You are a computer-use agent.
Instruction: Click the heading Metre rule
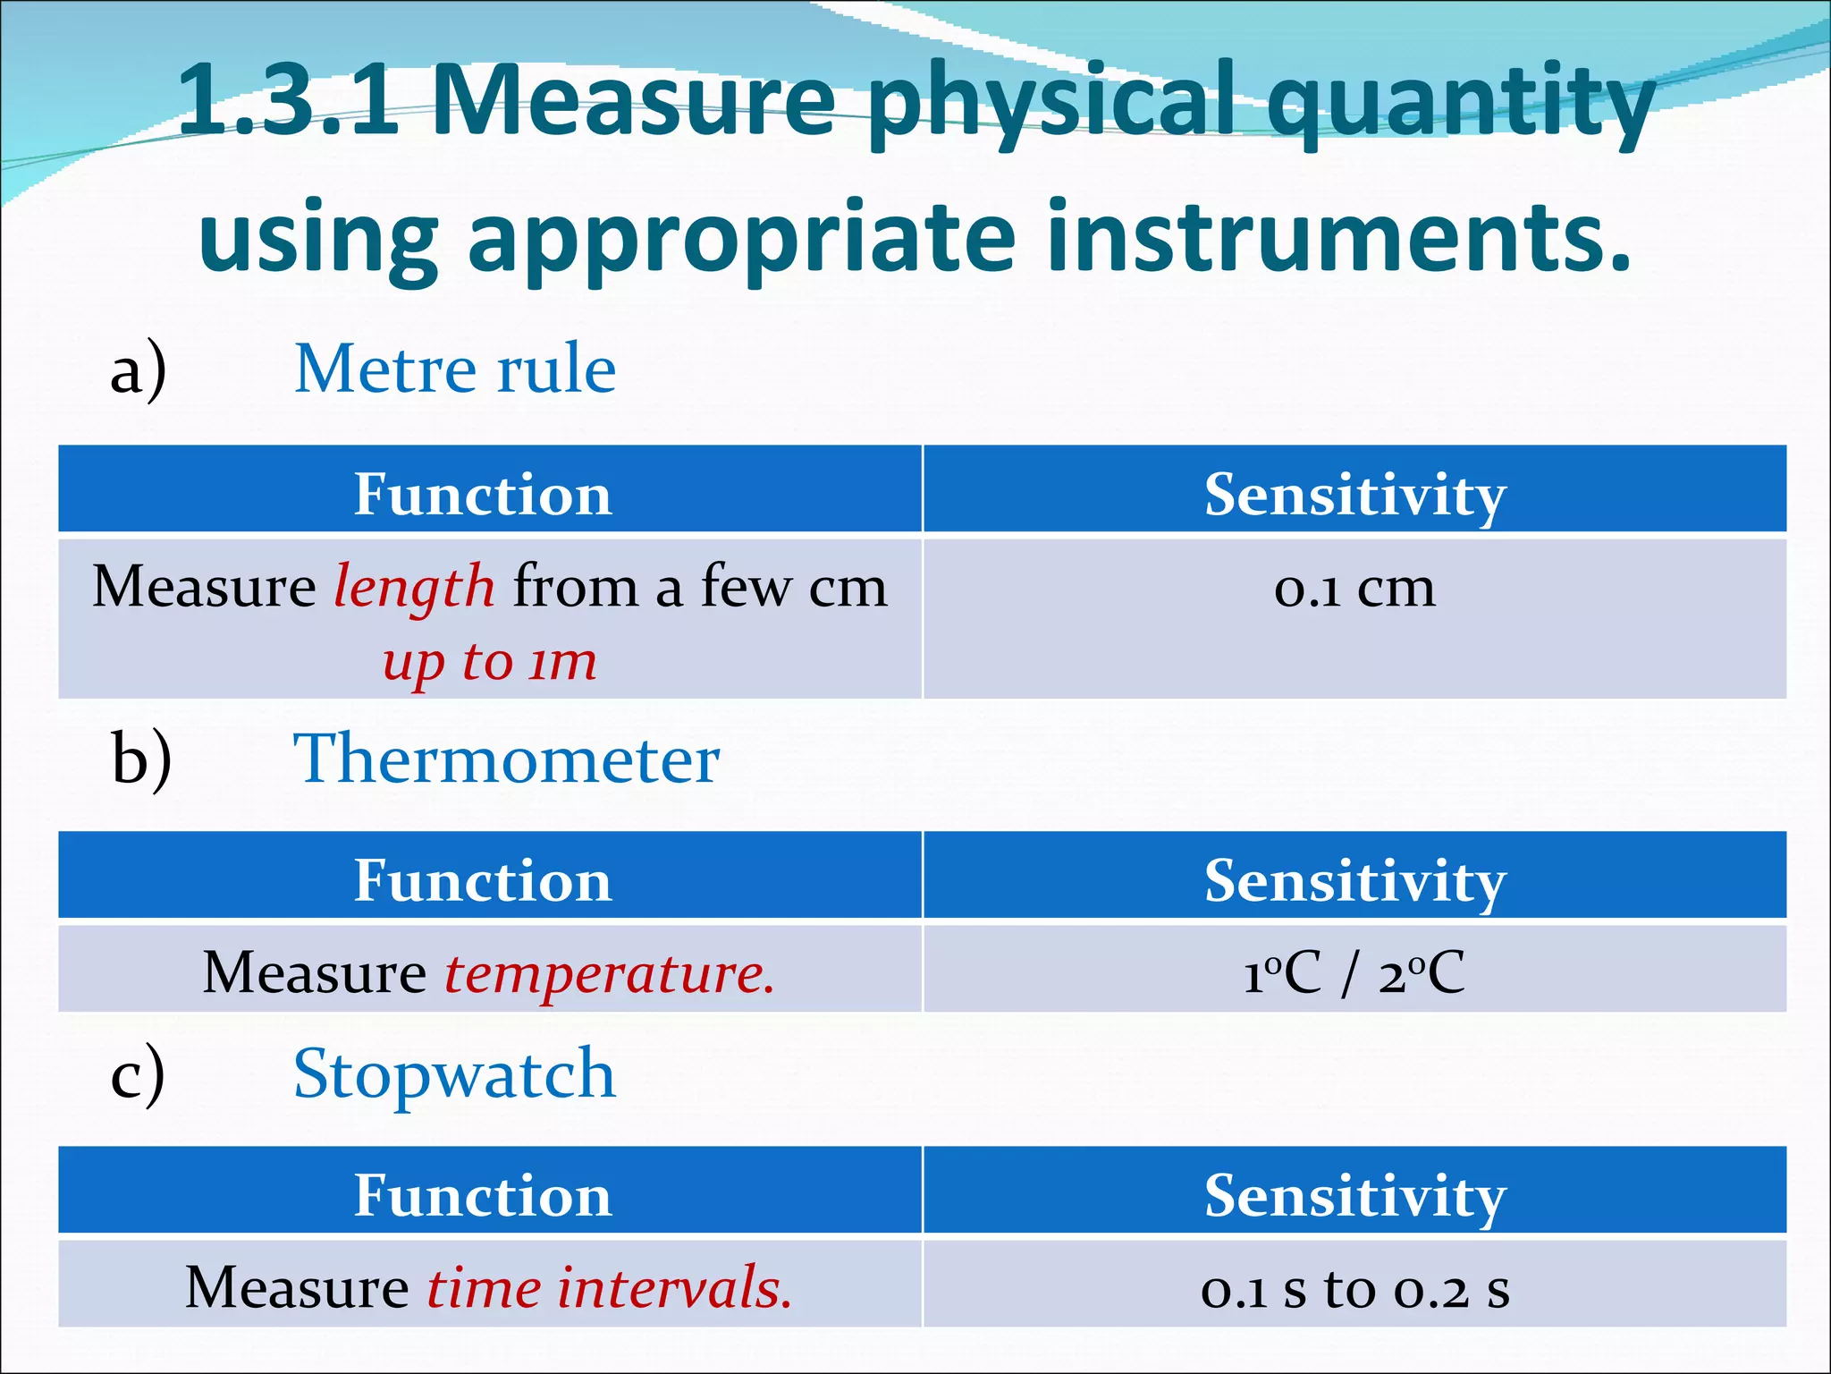coord(455,369)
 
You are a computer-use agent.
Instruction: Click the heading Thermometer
coord(506,759)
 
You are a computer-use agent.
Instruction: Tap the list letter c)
coord(138,1074)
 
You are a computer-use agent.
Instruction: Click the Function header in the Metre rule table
coord(483,494)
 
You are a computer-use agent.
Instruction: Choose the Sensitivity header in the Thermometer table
coord(1354,880)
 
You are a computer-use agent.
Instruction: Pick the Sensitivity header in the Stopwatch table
coord(1354,1195)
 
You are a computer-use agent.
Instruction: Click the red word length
coord(414,588)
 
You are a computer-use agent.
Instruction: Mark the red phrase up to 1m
coord(490,662)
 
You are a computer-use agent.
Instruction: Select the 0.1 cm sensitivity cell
coord(1354,589)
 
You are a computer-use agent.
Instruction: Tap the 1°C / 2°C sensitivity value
coord(1354,973)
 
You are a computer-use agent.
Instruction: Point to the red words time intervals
coord(609,1288)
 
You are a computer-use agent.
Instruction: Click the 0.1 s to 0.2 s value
coord(1354,1289)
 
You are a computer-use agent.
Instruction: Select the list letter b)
coord(141,759)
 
